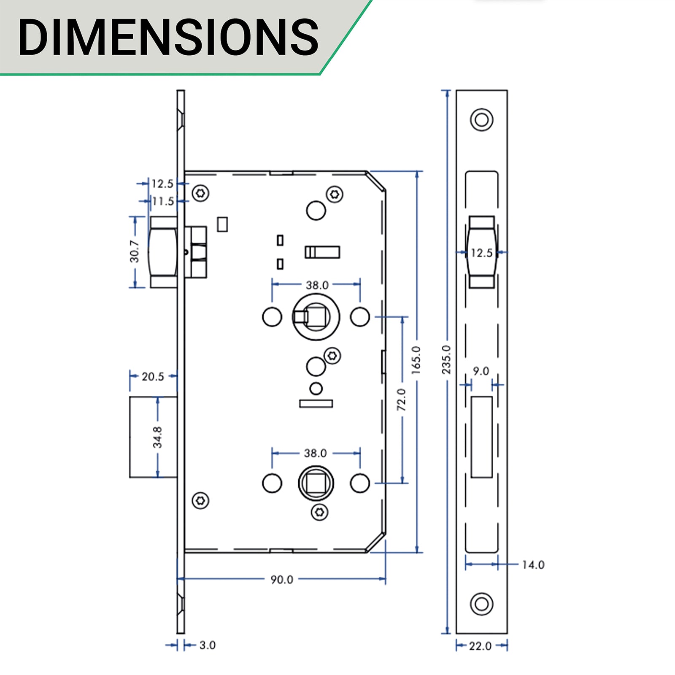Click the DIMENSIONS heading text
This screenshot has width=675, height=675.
click(169, 37)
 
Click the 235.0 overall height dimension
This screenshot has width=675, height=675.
click(446, 359)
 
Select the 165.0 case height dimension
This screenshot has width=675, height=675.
click(416, 360)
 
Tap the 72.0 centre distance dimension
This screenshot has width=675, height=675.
click(402, 400)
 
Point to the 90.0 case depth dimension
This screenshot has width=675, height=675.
click(282, 580)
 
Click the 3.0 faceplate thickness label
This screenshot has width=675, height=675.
click(207, 645)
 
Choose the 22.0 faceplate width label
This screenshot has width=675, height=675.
click(480, 646)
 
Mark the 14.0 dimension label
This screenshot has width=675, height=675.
click(533, 565)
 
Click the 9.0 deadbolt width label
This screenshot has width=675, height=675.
click(481, 371)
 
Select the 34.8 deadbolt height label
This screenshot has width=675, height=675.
click(157, 437)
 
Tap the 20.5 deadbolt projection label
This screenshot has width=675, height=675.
click(153, 376)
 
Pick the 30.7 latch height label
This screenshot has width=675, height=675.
click(135, 252)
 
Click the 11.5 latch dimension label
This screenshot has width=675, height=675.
click(163, 201)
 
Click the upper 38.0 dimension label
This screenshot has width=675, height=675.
click(317, 285)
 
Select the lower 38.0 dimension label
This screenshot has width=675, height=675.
click(315, 453)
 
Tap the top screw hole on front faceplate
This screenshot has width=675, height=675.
click(481, 120)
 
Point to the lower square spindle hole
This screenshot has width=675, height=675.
click(316, 483)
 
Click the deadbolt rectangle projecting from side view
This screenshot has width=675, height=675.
click(153, 437)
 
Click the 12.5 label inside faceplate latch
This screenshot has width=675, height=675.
click(481, 253)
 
